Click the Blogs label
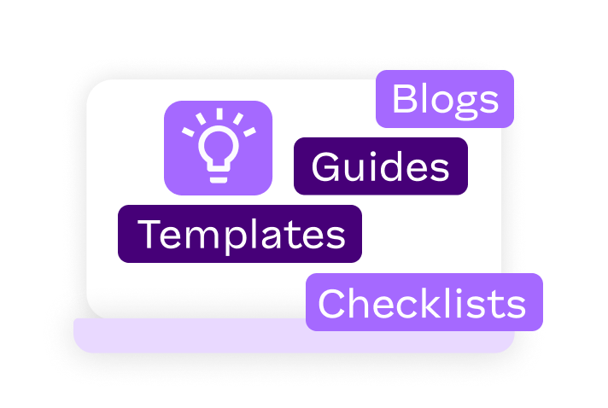click(x=444, y=100)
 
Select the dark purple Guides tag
click(x=380, y=166)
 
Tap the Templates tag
click(x=240, y=234)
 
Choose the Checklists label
click(x=424, y=303)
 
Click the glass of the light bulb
click(x=218, y=146)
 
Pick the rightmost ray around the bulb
click(x=248, y=132)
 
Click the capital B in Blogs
click(x=404, y=100)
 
